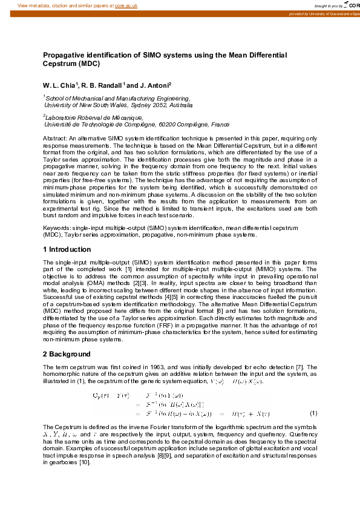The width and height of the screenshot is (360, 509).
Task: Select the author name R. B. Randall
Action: pos(99,85)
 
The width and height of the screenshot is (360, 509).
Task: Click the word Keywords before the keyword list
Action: pos(56,228)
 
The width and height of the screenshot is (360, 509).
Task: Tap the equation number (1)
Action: pos(313,413)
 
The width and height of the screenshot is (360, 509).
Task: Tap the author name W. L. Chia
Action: pos(58,85)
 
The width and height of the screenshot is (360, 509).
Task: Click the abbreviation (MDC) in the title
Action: pos(88,63)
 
